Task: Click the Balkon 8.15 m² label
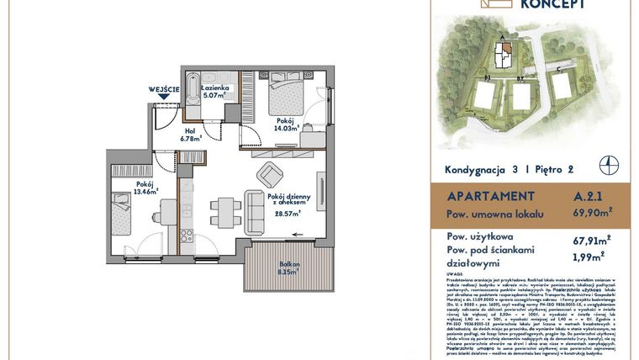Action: [x=288, y=268]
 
